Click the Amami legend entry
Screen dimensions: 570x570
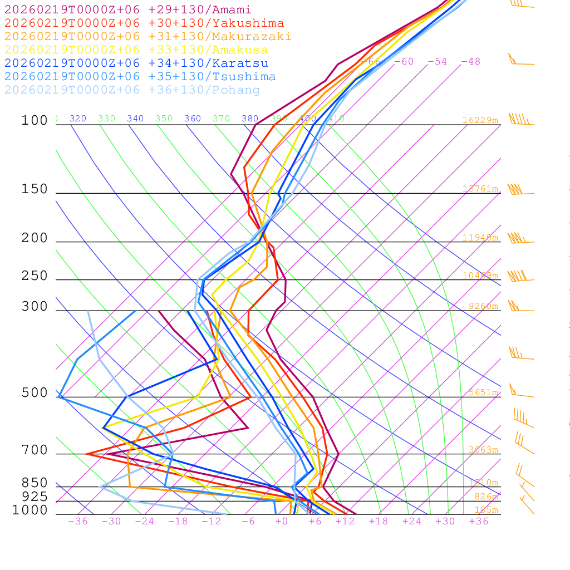pyautogui.click(x=127, y=10)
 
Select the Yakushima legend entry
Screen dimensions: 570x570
pyautogui.click(x=144, y=23)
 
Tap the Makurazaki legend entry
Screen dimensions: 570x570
pyautogui.click(x=148, y=37)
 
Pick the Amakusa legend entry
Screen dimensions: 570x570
pyautogui.click(x=136, y=50)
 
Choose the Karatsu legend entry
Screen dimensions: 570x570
pyautogui.click(x=136, y=63)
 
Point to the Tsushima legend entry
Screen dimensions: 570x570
pyautogui.click(x=140, y=77)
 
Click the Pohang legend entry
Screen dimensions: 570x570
pyautogui.click(x=132, y=90)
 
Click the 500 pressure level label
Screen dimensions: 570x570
pyautogui.click(x=35, y=393)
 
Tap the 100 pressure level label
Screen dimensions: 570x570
pyautogui.click(x=35, y=121)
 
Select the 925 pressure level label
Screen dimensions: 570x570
pyautogui.click(x=35, y=497)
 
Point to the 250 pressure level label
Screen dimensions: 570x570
pyautogui.click(x=35, y=276)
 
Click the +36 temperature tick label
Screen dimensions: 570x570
pyautogui.click(x=479, y=522)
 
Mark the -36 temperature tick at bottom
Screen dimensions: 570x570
pyautogui.click(x=78, y=522)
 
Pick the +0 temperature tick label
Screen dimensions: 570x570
pyautogui.click(x=282, y=522)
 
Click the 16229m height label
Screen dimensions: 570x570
pyautogui.click(x=480, y=120)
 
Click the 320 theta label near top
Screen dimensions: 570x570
pyautogui.click(x=78, y=119)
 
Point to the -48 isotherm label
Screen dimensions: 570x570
pyautogui.click(x=470, y=62)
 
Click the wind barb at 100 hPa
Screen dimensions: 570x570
pyautogui.click(x=520, y=120)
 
